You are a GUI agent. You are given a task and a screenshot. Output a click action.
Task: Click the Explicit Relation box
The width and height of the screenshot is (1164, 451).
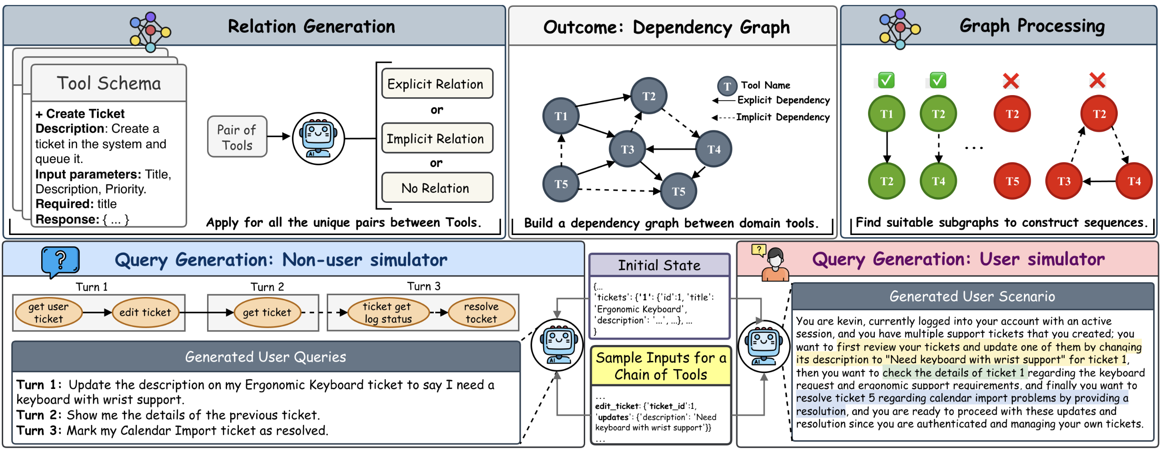[436, 84]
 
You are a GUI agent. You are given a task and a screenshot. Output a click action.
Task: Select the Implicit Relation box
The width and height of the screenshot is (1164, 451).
[436, 138]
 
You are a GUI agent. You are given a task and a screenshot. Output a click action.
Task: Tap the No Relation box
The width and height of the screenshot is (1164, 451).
[436, 187]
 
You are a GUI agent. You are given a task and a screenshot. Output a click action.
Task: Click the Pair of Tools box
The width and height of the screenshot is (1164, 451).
[237, 137]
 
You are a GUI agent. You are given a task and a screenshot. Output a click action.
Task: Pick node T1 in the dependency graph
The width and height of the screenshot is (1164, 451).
[561, 116]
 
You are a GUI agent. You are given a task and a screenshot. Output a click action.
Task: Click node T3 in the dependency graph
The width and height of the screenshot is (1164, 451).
[627, 149]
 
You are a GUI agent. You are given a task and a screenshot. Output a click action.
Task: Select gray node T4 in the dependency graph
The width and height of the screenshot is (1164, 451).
[713, 149]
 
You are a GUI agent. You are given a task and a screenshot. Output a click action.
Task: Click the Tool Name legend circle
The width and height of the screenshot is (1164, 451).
[727, 86]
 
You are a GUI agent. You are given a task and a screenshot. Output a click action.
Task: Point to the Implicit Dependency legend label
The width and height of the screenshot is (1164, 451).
[782, 117]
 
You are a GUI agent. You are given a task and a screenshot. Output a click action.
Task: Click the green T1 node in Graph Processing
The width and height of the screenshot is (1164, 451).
[886, 114]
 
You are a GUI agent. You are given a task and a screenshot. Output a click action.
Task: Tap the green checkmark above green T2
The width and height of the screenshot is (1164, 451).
[938, 81]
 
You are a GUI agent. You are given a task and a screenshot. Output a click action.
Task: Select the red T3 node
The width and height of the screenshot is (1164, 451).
[1063, 182]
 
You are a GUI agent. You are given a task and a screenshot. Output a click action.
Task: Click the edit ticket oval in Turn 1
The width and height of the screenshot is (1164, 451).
[145, 312]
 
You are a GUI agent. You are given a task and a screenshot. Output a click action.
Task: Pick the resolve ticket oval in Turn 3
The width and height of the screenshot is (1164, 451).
[481, 312]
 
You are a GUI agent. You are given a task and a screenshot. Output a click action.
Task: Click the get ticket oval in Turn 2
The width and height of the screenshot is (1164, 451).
[267, 312]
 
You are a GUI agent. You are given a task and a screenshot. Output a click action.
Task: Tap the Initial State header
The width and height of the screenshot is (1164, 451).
[659, 265]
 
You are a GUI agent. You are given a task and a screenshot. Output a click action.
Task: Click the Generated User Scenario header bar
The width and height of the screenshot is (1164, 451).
[972, 297]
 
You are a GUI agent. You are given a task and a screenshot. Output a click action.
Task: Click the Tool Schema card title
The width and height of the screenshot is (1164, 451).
[109, 83]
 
